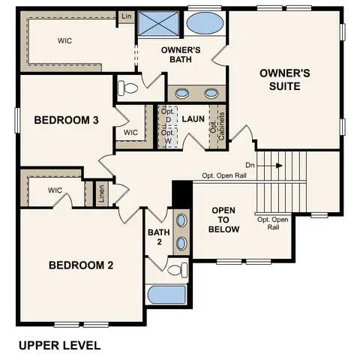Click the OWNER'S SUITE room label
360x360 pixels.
click(280, 79)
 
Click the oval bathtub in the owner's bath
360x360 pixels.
click(202, 24)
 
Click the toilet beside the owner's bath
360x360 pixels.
click(129, 88)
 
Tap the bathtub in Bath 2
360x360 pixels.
click(167, 295)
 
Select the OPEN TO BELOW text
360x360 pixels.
click(224, 220)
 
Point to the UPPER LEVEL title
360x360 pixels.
click(59, 346)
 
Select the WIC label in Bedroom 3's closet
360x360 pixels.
click(131, 133)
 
